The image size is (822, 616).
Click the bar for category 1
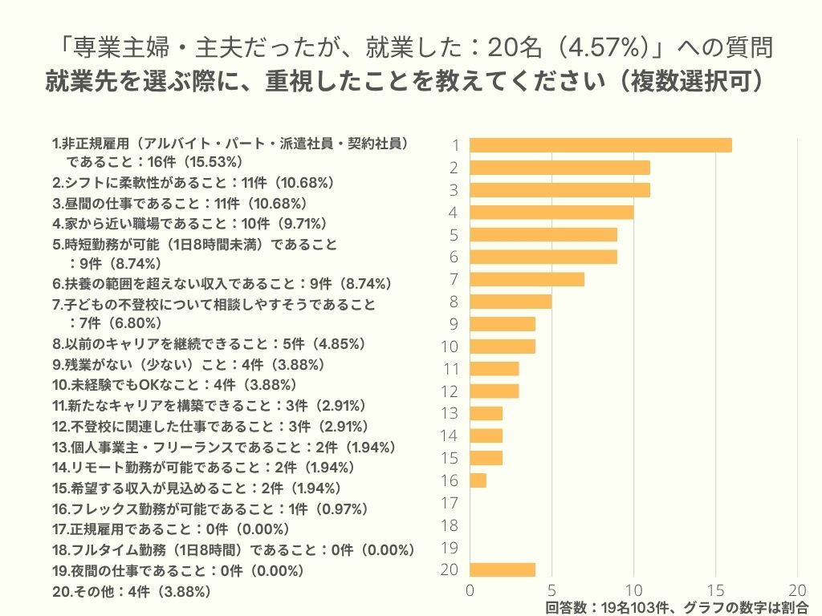click(x=600, y=145)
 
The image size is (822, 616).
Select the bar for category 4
click(x=551, y=213)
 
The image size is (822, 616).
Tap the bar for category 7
click(x=527, y=279)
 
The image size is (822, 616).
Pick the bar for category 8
click(x=511, y=302)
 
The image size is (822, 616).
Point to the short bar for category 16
click(x=478, y=480)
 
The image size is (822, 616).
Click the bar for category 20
click(x=502, y=570)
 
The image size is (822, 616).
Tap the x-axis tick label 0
click(x=470, y=588)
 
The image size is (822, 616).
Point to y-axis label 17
click(x=450, y=503)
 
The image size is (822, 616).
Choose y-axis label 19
click(x=450, y=548)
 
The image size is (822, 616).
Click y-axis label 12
click(x=450, y=391)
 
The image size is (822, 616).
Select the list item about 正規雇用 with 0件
click(x=170, y=529)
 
